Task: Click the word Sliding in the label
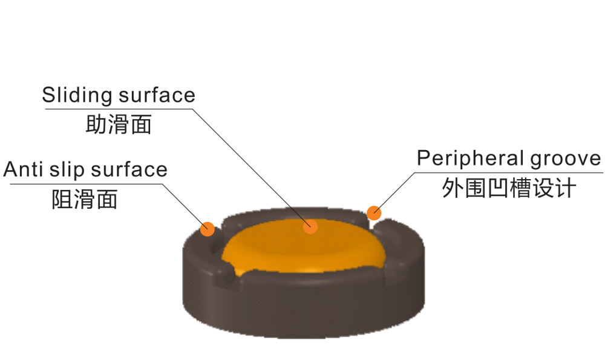pos(77,95)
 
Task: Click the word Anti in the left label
pos(21,169)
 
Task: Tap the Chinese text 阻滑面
pos(85,198)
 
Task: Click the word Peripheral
pos(470,159)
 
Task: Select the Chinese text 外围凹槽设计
pos(508,188)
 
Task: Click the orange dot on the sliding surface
pos(310,226)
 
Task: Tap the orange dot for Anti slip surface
pos(208,229)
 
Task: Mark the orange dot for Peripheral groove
pos(374,212)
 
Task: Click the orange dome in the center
pos(302,248)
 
